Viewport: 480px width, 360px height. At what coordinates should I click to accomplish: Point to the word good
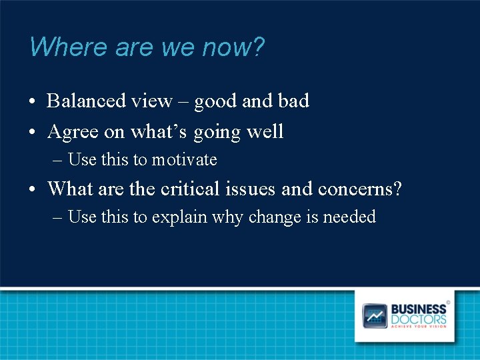pyautogui.click(x=215, y=102)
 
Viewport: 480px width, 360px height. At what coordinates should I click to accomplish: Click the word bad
pyautogui.click(x=293, y=101)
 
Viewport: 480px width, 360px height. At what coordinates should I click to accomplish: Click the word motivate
pyautogui.click(x=184, y=160)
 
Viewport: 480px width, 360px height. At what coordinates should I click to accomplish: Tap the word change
pyautogui.click(x=275, y=217)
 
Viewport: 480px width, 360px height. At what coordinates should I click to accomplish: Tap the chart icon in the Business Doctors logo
pyautogui.click(x=375, y=315)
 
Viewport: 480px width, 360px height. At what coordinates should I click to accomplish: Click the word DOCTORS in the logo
pyautogui.click(x=418, y=319)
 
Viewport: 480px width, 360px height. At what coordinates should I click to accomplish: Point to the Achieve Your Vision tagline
pyautogui.click(x=418, y=327)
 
